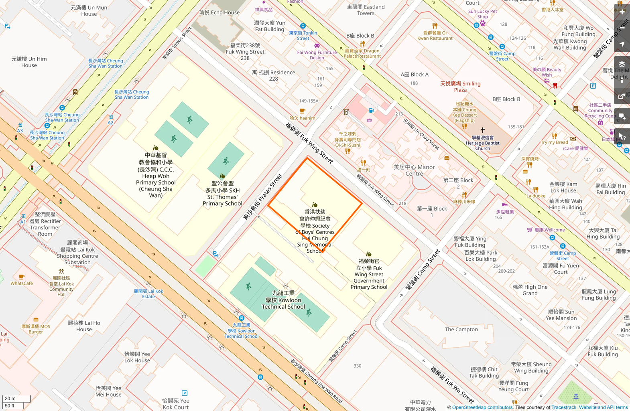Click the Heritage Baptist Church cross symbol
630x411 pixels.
tap(483, 130)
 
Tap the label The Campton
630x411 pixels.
tap(461, 330)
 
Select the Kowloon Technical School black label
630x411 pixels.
tap(283, 300)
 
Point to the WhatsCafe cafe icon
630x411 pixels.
tap(22, 277)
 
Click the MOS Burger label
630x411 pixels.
tap(36, 329)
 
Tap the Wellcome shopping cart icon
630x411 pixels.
tap(530, 230)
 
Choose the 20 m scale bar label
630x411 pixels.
tap(10, 399)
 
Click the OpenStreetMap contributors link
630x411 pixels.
tap(482, 407)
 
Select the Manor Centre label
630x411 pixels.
tap(414, 170)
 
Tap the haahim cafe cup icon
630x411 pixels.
tap(303, 111)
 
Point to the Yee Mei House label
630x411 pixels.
tap(108, 391)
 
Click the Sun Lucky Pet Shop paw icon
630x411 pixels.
tap(483, 23)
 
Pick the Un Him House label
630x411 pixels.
tap(29, 62)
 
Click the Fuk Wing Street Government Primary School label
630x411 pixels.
tap(369, 274)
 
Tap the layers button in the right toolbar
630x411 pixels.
tap(622, 65)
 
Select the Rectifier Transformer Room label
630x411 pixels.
tap(45, 224)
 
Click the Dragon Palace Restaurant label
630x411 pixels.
tap(362, 53)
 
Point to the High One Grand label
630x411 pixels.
tap(530, 290)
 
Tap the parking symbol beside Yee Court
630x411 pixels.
tap(185, 393)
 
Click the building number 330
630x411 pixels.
tap(358, 366)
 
